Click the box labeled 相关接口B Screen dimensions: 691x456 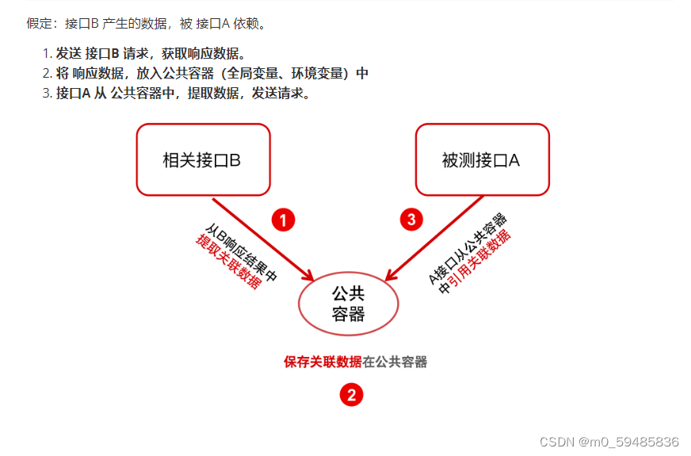click(x=203, y=159)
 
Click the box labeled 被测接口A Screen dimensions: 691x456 click(x=482, y=159)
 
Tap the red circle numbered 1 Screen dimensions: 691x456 click(x=283, y=220)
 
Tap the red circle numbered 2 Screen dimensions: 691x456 click(x=351, y=394)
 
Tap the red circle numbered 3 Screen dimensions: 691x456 click(x=410, y=220)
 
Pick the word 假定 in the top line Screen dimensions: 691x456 click(x=39, y=23)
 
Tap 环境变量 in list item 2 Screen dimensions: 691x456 click(x=314, y=73)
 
